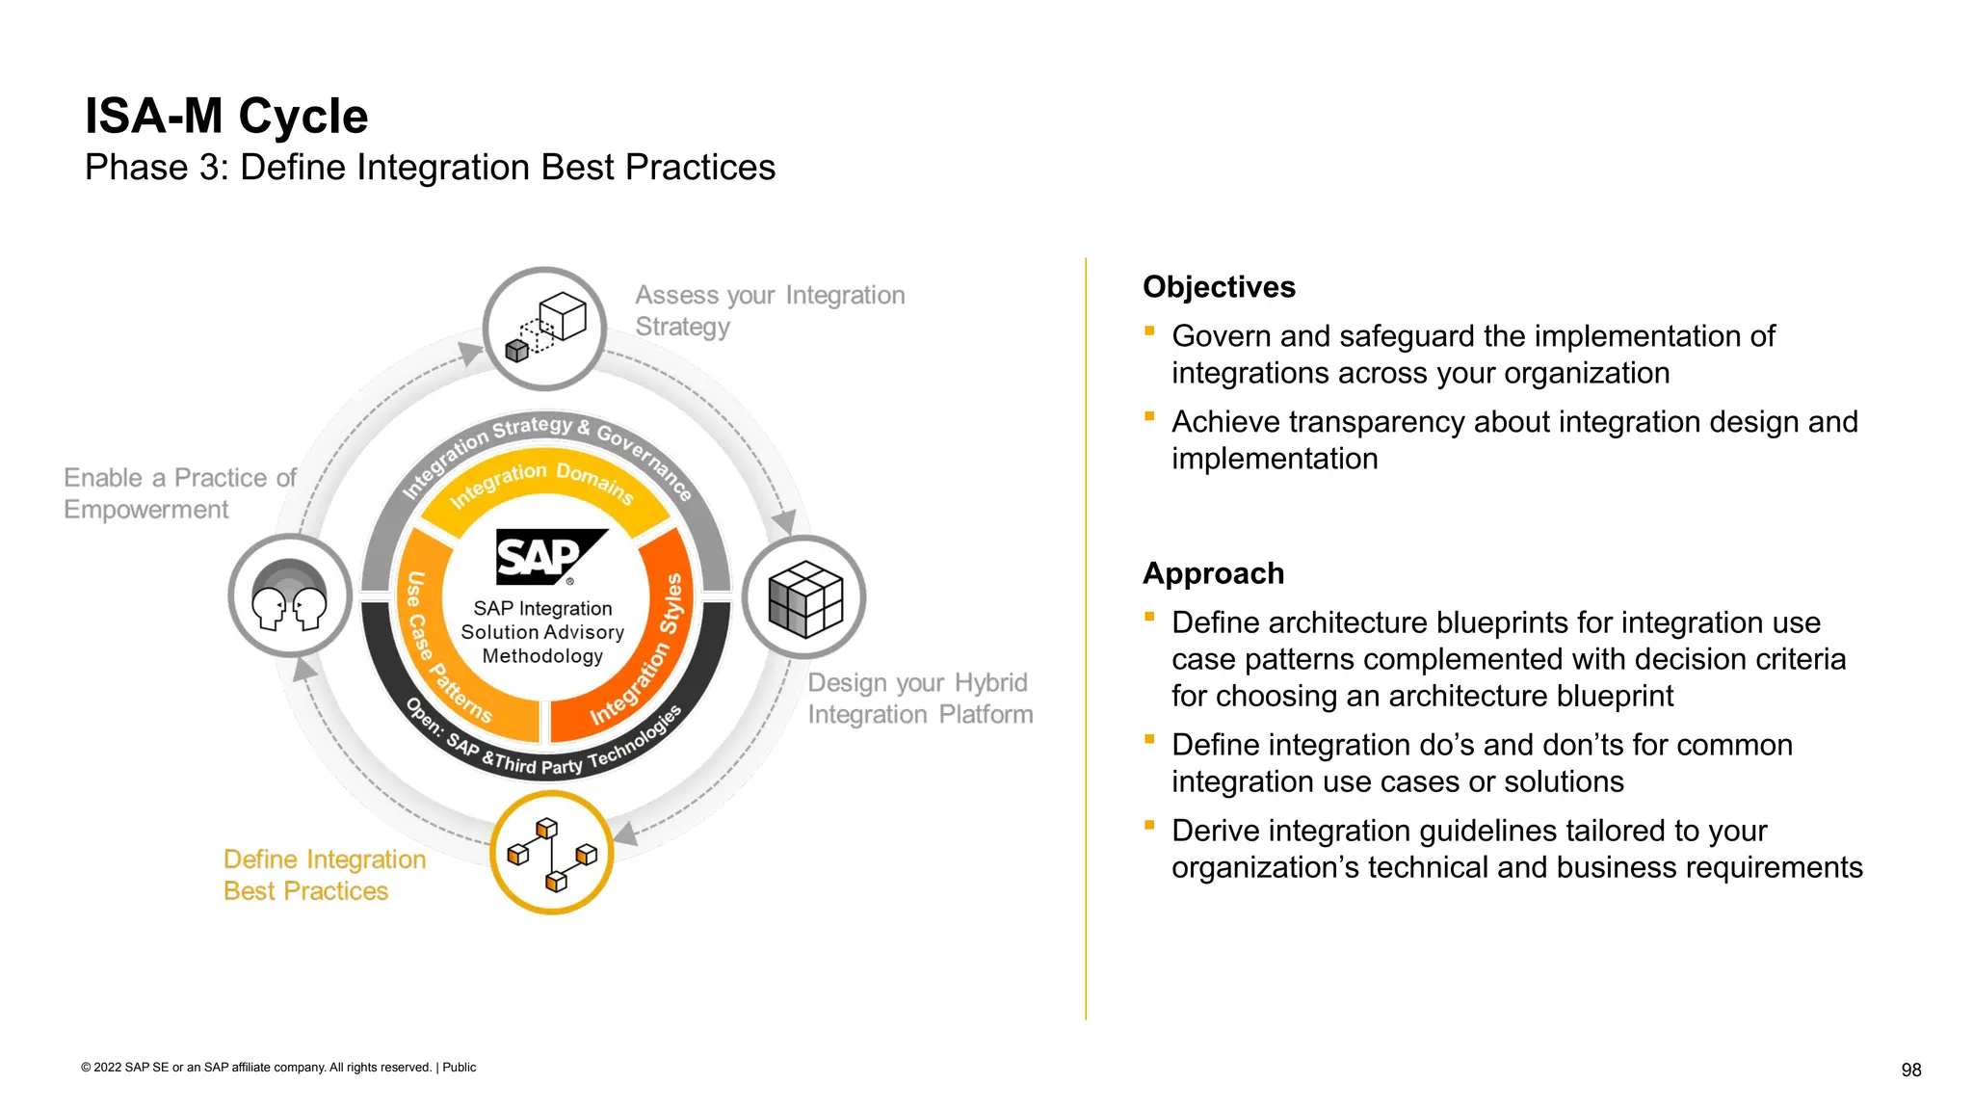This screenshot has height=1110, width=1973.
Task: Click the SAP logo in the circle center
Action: pos(550,557)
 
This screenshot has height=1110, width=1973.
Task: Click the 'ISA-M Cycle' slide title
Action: pos(226,117)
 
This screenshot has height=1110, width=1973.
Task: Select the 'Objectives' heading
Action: pos(1219,287)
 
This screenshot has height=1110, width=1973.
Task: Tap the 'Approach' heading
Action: pos(1213,573)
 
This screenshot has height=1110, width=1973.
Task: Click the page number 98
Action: pos(1910,1070)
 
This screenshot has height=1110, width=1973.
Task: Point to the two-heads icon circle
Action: pos(290,596)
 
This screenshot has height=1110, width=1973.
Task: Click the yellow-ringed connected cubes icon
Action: pos(552,853)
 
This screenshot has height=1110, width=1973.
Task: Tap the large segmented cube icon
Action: pos(804,597)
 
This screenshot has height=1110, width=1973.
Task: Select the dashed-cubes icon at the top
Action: pos(545,329)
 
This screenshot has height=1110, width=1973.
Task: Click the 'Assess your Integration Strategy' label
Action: pos(769,310)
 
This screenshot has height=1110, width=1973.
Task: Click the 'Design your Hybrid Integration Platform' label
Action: pos(919,699)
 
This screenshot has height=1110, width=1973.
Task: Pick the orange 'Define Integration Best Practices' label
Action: pos(324,875)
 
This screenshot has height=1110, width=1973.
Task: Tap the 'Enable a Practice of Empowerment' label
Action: pos(179,493)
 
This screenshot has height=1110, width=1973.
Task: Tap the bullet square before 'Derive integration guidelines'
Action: pos(1149,825)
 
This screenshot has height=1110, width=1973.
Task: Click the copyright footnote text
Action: pos(278,1068)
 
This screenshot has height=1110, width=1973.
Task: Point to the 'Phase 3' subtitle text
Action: pos(429,168)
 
